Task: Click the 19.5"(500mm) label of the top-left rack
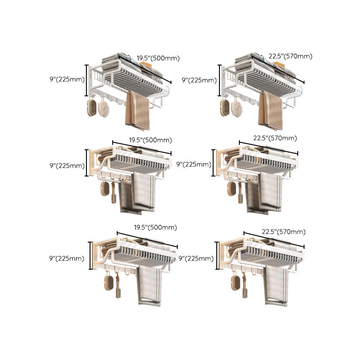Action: [x=158, y=58]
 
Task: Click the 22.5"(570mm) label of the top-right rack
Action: [x=290, y=57]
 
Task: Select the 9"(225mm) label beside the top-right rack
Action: [x=199, y=80]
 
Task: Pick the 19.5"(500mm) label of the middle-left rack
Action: [x=150, y=140]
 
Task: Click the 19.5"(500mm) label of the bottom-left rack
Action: [x=155, y=227]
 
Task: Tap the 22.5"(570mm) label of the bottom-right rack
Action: [x=283, y=232]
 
